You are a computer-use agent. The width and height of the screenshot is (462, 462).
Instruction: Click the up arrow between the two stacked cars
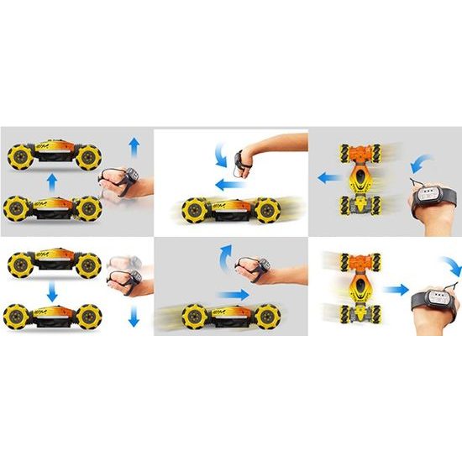click(x=52, y=181)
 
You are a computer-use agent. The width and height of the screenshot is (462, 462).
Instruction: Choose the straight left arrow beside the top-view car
click(x=328, y=177)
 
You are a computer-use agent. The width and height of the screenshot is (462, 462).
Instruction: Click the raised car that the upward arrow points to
click(x=54, y=155)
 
